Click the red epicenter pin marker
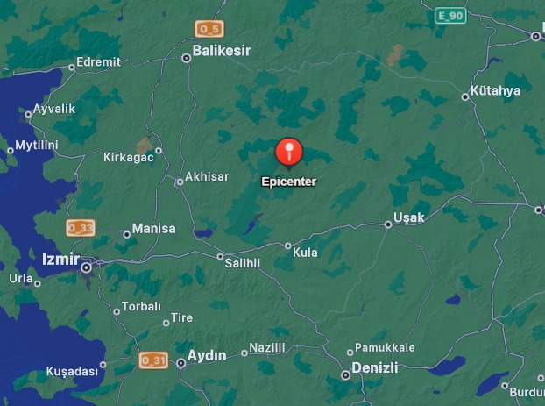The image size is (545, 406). tap(289, 152)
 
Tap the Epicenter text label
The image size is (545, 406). tap(289, 182)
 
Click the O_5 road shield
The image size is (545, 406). tap(209, 29)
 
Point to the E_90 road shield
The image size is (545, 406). tap(451, 16)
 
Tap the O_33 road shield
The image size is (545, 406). tap(80, 228)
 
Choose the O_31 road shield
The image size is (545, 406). tap(152, 360)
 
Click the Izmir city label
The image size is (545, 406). tap(60, 260)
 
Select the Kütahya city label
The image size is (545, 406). tap(495, 90)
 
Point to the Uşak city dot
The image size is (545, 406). tap(388, 224)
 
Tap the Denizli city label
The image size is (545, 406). tap(374, 367)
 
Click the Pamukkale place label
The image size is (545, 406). tap(386, 348)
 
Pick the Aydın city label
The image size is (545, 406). tap(208, 355)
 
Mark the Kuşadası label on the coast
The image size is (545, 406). tap(72, 371)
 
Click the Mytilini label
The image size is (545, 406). tap(37, 145)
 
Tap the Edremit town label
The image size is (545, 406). tap(98, 62)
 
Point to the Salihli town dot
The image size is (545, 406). tap(220, 256)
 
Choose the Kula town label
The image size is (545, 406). tap(306, 253)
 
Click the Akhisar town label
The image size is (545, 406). tap(208, 176)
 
